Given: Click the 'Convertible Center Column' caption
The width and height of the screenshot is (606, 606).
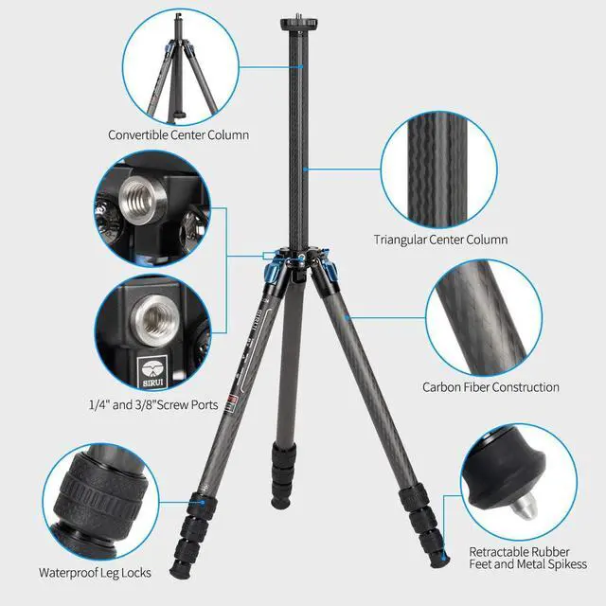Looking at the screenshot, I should (178, 135).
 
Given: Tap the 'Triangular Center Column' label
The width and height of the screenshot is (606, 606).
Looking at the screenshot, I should (440, 240).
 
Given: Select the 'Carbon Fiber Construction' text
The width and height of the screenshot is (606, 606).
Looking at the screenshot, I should (490, 386).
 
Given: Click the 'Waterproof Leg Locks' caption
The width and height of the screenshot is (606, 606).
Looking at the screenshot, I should (95, 573).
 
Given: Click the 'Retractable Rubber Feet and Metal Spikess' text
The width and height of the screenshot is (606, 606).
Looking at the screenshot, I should (527, 558).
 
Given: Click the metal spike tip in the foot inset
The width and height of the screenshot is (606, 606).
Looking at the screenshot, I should (518, 510).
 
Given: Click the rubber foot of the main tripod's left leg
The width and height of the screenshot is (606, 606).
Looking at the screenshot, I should (176, 571).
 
